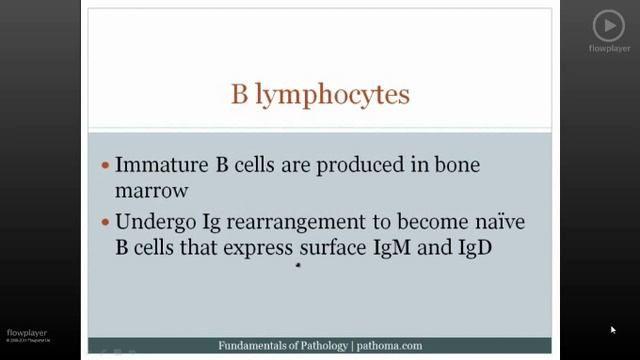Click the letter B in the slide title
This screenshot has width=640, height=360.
tap(240, 95)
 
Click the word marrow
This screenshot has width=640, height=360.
tap(151, 189)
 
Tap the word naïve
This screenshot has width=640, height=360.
tap(496, 221)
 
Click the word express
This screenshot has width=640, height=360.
tap(254, 246)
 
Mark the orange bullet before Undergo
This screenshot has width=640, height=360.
tap(106, 222)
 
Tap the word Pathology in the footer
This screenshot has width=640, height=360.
tap(315, 346)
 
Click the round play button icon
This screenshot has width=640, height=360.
tap(608, 25)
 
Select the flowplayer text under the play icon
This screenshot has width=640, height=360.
tap(608, 48)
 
